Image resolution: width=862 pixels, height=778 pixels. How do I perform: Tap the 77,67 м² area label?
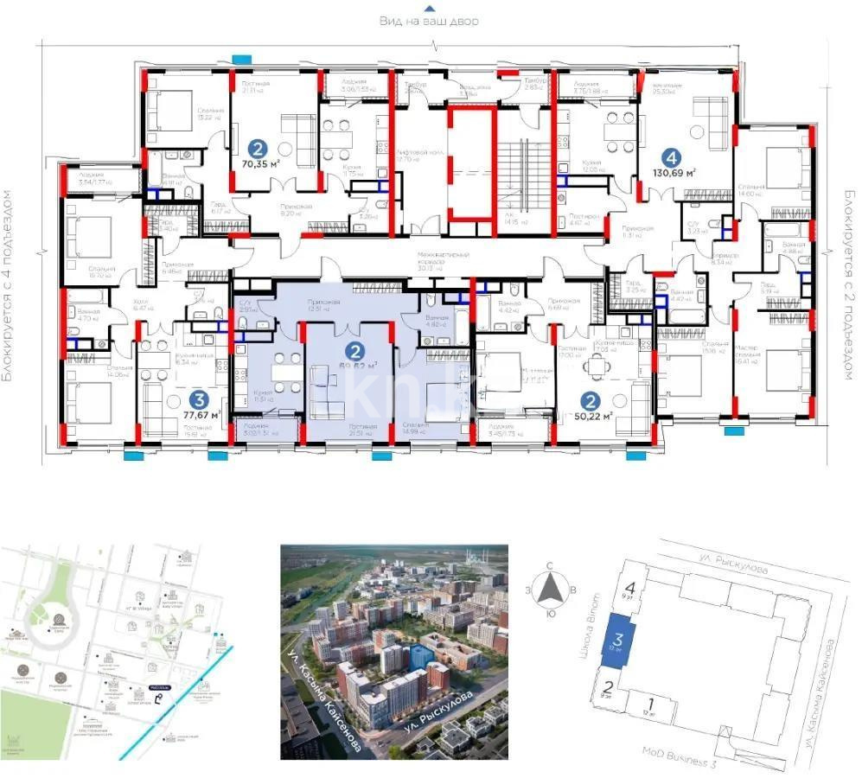[x=201, y=414]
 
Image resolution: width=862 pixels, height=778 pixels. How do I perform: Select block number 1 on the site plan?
[x=649, y=702]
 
